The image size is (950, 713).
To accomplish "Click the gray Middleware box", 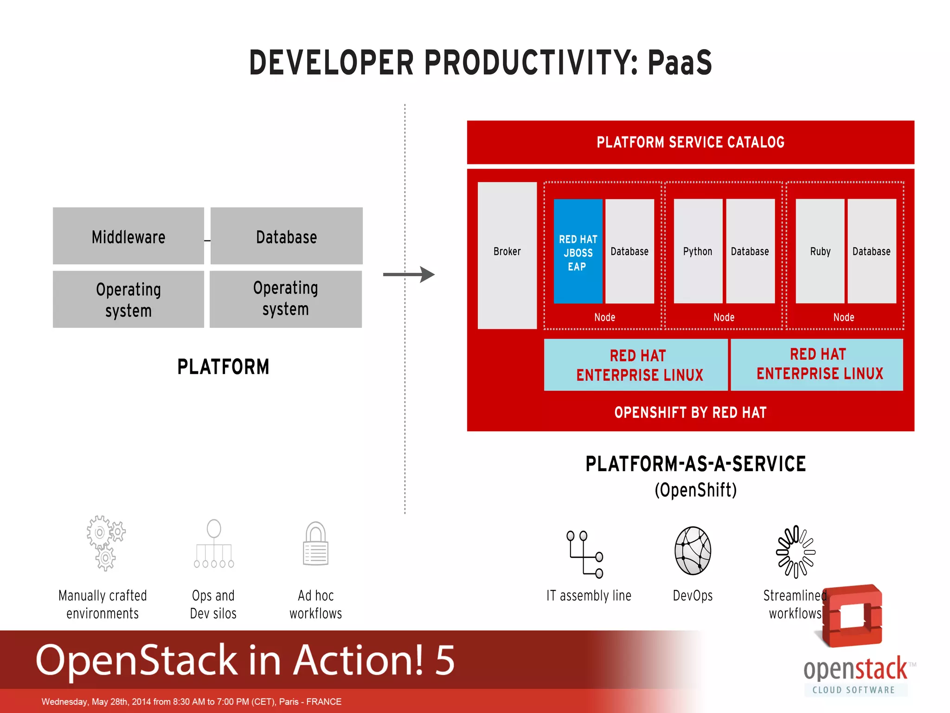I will [128, 236].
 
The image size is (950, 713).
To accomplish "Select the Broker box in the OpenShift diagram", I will [507, 255].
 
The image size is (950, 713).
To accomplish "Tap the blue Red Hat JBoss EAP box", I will [578, 252].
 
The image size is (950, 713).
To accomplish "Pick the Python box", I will [698, 251].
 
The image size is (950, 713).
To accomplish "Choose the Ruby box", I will [820, 251].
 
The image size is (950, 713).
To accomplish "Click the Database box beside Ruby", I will [872, 251].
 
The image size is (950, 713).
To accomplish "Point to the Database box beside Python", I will [750, 251].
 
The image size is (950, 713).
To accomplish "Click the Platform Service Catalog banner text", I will [690, 142].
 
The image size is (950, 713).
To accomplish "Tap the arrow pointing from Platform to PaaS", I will [409, 274].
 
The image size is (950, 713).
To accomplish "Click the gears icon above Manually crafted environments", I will [106, 543].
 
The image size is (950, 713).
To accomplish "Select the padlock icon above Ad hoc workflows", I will [315, 544].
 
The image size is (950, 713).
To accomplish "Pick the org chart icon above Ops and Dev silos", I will [214, 544].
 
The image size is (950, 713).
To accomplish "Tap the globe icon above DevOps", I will [693, 551].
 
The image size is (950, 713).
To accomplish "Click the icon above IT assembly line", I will [584, 554].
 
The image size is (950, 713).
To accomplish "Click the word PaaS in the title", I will [680, 63].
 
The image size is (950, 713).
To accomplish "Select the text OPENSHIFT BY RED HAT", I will [690, 412].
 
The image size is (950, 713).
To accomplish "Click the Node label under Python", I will [724, 318].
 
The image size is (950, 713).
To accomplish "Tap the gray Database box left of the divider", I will [287, 236].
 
